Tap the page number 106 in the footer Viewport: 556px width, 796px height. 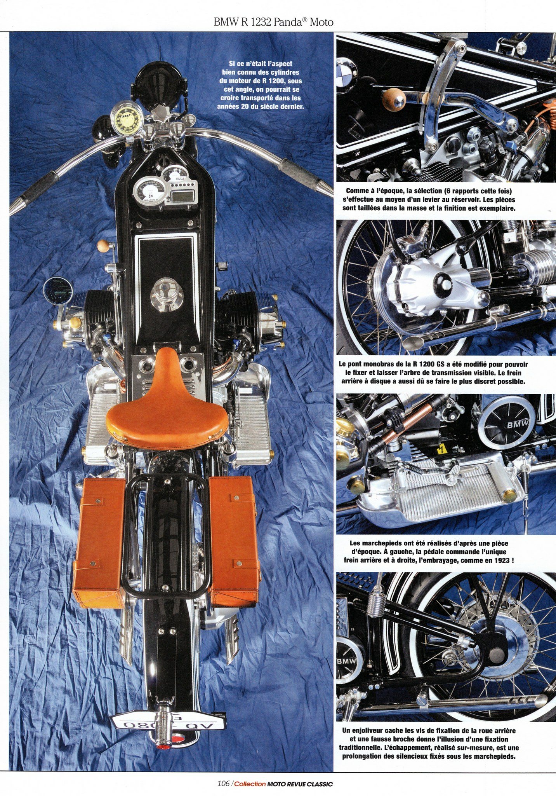click(224, 784)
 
